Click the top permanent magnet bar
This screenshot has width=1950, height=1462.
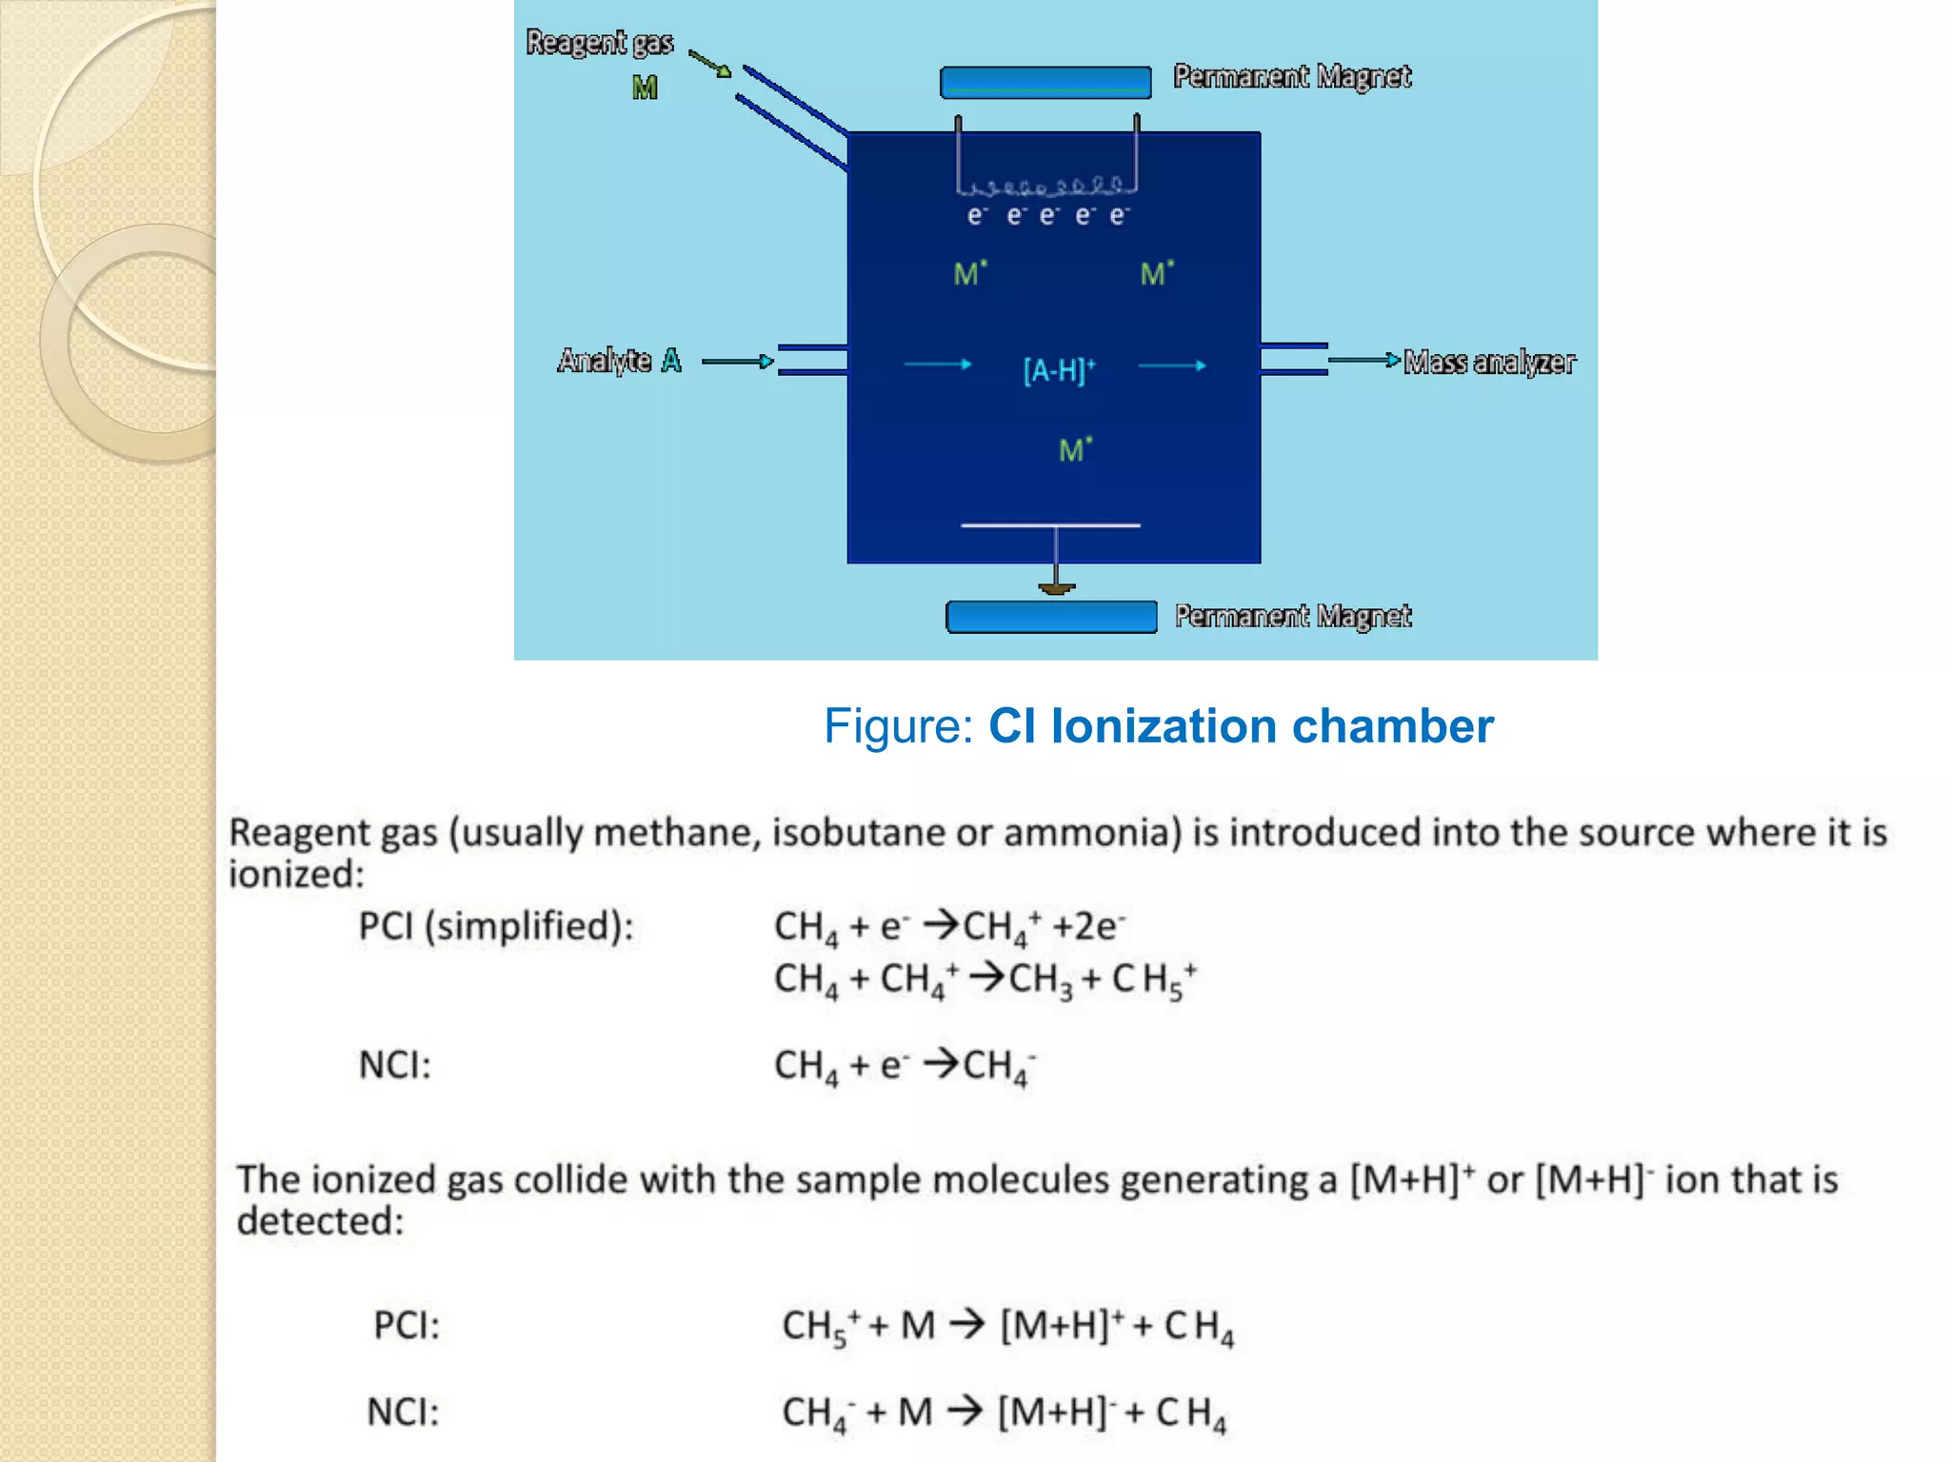[x=1045, y=82]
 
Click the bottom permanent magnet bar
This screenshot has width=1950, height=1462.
[x=1051, y=617]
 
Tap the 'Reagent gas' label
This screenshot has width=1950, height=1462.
[x=600, y=43]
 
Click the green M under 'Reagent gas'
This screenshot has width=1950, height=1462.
[x=645, y=89]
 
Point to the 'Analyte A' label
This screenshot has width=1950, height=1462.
[x=619, y=361]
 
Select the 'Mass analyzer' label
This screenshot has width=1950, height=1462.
[x=1489, y=363]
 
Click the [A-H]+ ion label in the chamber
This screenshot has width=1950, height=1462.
[x=1059, y=369]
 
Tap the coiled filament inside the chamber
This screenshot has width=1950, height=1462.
[x=1047, y=185]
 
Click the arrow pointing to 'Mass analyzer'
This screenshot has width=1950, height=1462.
[x=1363, y=360]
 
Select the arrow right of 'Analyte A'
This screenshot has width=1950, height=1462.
[x=737, y=362]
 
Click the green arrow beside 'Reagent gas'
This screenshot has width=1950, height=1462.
[x=710, y=64]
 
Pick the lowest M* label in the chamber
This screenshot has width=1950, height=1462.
[x=1075, y=449]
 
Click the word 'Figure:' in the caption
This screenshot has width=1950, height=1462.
[x=898, y=726]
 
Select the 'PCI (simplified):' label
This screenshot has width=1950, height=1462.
[x=496, y=926]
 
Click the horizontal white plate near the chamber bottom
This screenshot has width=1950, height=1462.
[x=1050, y=524]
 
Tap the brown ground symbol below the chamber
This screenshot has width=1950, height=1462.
[x=1056, y=589]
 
